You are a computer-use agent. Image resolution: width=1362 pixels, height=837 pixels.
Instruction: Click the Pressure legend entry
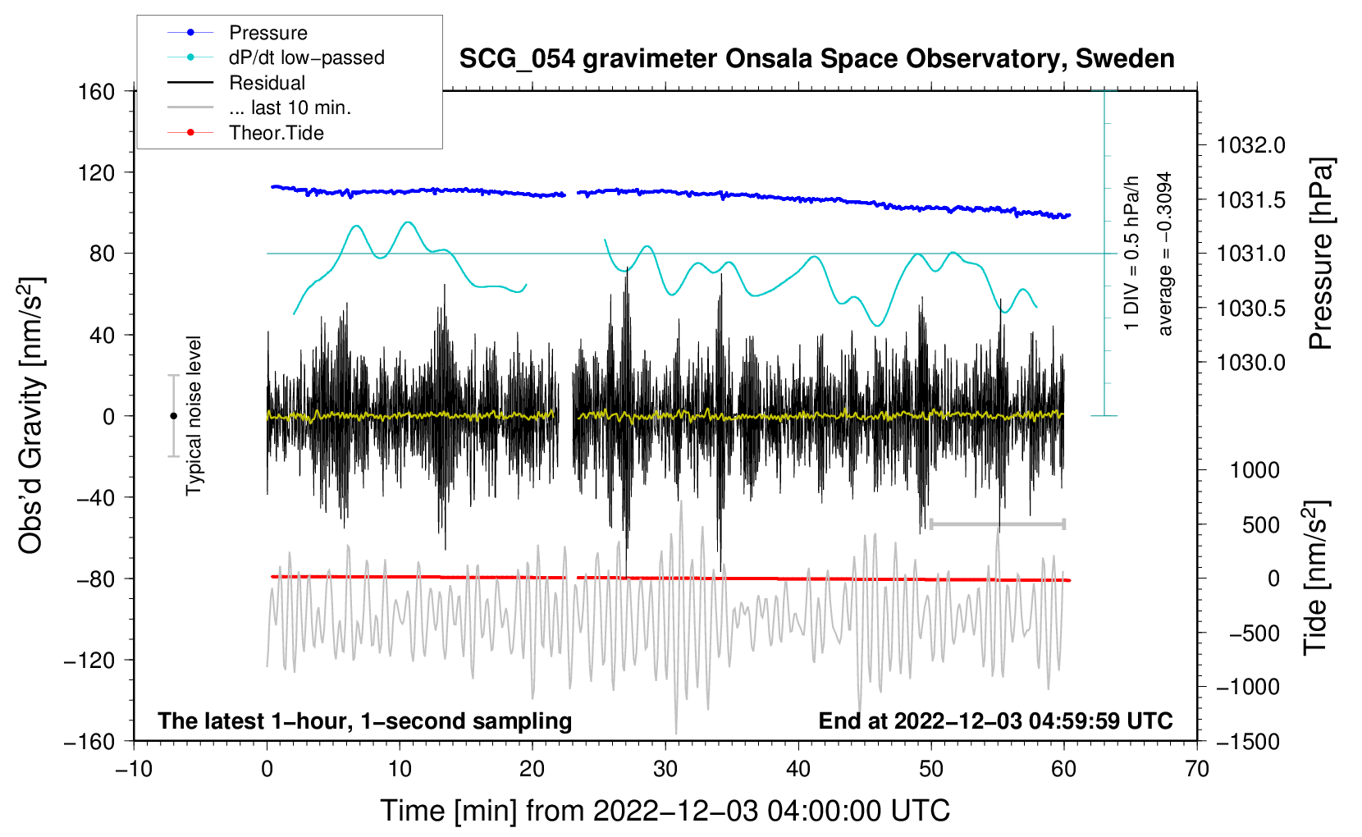[x=267, y=33]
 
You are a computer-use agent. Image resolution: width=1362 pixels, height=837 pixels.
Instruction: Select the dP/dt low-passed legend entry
[x=306, y=57]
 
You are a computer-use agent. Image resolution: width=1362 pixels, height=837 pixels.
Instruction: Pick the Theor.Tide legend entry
[x=276, y=133]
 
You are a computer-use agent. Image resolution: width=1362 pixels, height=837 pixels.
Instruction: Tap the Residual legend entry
[x=267, y=83]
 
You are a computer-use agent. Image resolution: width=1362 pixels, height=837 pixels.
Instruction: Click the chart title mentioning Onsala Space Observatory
[x=816, y=59]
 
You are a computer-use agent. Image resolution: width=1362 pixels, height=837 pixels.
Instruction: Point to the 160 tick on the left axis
[x=97, y=92]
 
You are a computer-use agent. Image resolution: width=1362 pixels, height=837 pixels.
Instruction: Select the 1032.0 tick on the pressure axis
[x=1250, y=146]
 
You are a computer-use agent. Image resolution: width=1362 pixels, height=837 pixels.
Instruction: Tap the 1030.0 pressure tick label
[x=1250, y=363]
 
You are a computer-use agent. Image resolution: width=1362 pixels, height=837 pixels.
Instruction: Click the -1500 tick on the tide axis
[x=1247, y=742]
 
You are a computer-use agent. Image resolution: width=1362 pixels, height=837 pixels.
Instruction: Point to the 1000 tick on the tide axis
[x=1255, y=470]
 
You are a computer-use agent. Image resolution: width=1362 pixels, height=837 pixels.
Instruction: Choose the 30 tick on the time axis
[x=665, y=769]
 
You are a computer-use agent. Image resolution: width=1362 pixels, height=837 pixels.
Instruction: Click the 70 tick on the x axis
[x=1197, y=769]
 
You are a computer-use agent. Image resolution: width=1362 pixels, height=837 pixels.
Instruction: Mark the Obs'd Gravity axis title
[x=31, y=415]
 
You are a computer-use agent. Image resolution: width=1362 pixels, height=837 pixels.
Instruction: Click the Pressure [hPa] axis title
[x=1320, y=254]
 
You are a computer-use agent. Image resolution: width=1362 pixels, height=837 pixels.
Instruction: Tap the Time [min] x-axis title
[x=665, y=811]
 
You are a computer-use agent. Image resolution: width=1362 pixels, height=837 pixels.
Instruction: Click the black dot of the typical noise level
[x=173, y=416]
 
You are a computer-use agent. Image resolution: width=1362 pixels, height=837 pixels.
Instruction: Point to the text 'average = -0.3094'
[x=1165, y=254]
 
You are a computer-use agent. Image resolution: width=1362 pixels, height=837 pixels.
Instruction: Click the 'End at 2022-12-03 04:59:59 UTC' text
[x=995, y=721]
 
